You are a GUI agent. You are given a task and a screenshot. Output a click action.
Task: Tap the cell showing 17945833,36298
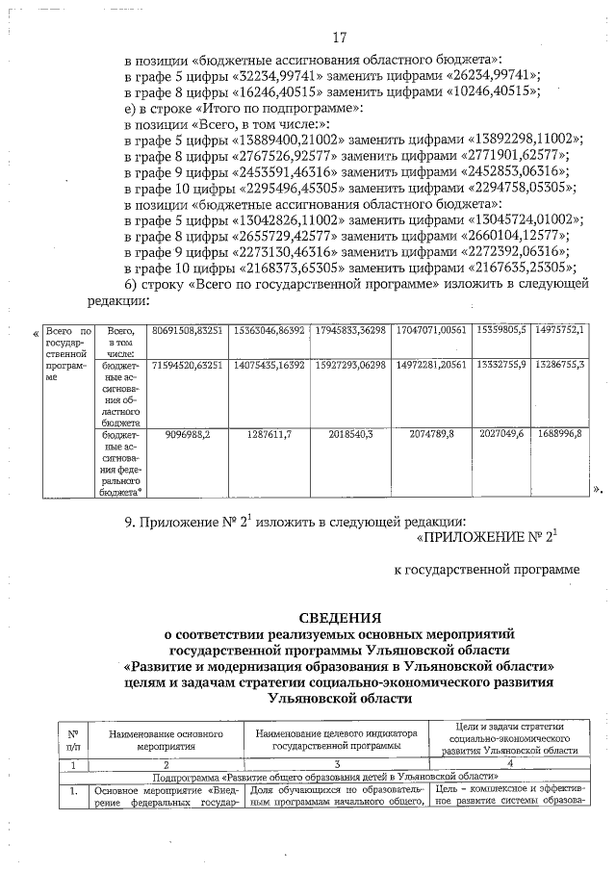[350, 330]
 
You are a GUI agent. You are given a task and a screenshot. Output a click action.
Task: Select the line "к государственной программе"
[488, 570]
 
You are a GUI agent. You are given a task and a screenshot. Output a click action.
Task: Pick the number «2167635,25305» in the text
[521, 267]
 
